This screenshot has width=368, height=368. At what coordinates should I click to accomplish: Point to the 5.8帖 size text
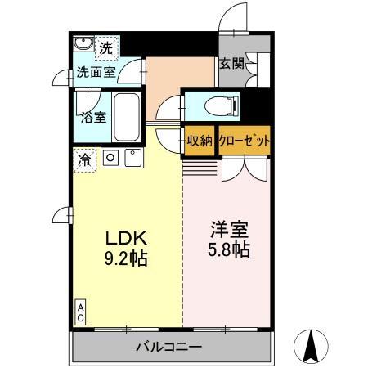[229, 249]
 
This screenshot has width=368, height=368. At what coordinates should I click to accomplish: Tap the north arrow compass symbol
[312, 345]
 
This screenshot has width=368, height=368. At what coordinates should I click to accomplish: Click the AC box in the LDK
[81, 310]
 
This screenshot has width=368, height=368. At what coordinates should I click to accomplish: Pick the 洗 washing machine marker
[105, 48]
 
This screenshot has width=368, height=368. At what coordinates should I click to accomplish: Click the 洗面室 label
[95, 72]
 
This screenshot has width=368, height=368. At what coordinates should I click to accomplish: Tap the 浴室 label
[92, 117]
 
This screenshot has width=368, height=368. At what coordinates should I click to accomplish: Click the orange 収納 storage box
[199, 140]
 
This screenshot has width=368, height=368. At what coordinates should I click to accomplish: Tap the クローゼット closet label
[244, 140]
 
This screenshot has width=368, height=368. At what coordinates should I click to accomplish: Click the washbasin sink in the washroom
[83, 45]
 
